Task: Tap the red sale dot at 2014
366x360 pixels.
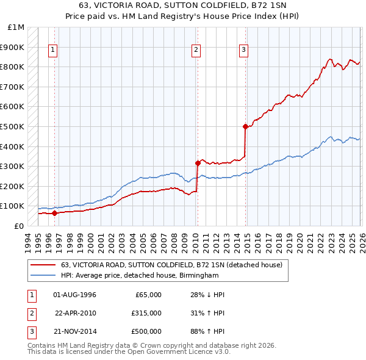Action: pyautogui.click(x=245, y=127)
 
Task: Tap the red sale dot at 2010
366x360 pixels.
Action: pyautogui.click(x=198, y=163)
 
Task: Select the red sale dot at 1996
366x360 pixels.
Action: pyautogui.click(x=54, y=213)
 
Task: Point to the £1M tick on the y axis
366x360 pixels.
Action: pyautogui.click(x=16, y=27)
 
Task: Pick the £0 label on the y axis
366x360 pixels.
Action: pyautogui.click(x=19, y=226)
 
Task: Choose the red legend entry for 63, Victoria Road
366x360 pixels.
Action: pyautogui.click(x=171, y=265)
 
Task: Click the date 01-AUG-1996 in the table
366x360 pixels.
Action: pyautogui.click(x=75, y=295)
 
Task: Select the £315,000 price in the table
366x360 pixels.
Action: pyautogui.click(x=146, y=313)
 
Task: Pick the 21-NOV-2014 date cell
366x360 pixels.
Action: pyautogui.click(x=75, y=331)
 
